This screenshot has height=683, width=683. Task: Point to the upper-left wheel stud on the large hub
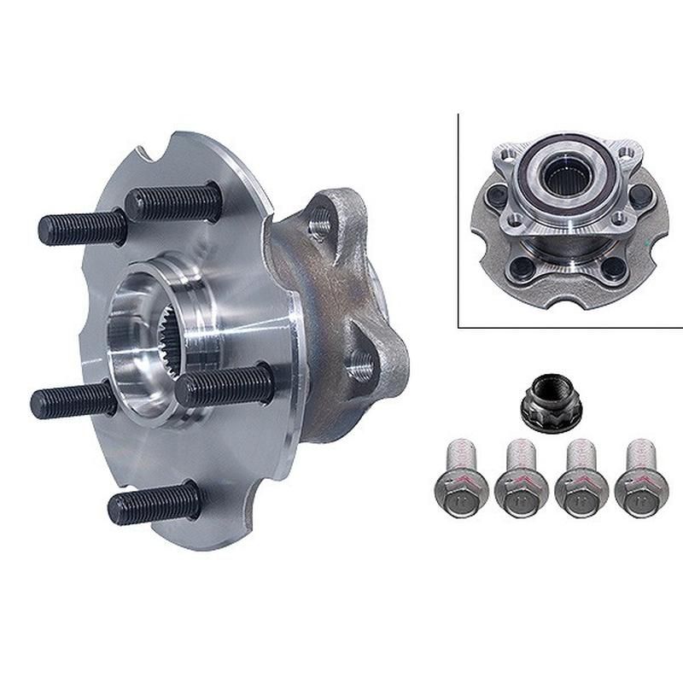click(81, 225)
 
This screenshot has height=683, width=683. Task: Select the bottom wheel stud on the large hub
click(154, 504)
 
